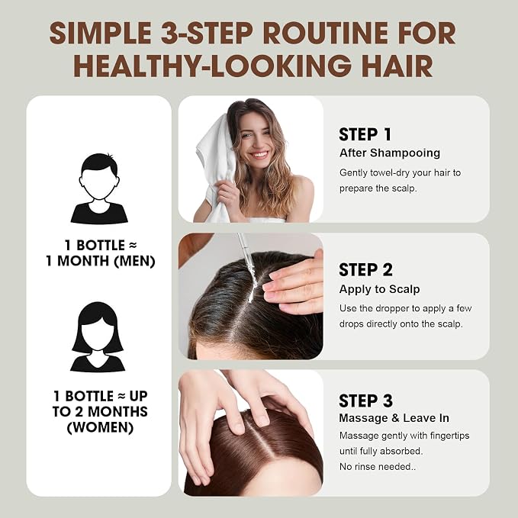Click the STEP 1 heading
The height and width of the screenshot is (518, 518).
click(365, 134)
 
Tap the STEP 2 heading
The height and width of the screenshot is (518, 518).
click(365, 270)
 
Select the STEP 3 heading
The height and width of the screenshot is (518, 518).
click(365, 401)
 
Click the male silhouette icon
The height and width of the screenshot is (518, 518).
click(99, 188)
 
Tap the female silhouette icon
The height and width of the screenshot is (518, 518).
click(98, 337)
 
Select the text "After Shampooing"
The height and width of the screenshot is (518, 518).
click(390, 153)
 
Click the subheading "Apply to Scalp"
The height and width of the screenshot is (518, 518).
click(379, 289)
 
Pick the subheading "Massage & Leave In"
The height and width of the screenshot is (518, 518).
click(394, 418)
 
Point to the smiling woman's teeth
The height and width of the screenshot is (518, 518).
click(259, 154)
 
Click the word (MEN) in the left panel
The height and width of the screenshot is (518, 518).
click(134, 261)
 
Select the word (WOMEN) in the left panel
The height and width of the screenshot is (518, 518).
click(100, 427)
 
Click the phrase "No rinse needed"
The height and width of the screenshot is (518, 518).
click(375, 466)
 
